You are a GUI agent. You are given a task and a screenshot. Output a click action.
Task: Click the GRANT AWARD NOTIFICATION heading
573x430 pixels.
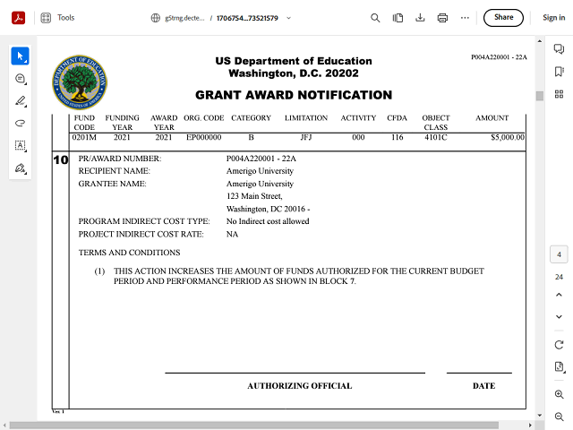coord(294,95)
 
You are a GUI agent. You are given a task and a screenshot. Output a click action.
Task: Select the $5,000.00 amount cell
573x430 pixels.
coord(494,138)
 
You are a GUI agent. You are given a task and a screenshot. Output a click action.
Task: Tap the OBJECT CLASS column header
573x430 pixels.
coord(436,123)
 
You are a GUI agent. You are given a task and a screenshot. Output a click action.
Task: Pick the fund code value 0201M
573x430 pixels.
coord(85,138)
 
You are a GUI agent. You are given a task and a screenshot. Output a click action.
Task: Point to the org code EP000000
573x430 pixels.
coord(204,138)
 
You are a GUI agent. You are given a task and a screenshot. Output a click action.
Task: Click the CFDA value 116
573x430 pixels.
coord(397,138)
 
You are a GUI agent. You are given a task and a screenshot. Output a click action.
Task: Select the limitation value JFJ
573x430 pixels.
coord(306,138)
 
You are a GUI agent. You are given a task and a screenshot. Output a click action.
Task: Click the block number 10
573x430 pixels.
coord(61,159)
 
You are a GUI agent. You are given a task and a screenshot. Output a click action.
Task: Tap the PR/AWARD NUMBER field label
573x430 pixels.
coord(120,159)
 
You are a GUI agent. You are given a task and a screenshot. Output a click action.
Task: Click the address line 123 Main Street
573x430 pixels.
coord(254,196)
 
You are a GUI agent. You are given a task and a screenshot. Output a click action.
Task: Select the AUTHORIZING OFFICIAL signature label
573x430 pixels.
coord(299,386)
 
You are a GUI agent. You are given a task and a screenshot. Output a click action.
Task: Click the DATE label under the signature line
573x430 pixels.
coord(483,386)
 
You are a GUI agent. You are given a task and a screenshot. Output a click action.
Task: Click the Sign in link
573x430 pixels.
coord(553,17)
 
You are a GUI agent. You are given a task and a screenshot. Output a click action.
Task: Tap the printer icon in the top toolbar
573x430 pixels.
coord(442,17)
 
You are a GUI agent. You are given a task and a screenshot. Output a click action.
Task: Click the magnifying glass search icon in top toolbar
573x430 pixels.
coord(375,17)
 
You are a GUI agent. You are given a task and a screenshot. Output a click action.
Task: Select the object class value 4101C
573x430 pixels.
coord(436,138)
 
